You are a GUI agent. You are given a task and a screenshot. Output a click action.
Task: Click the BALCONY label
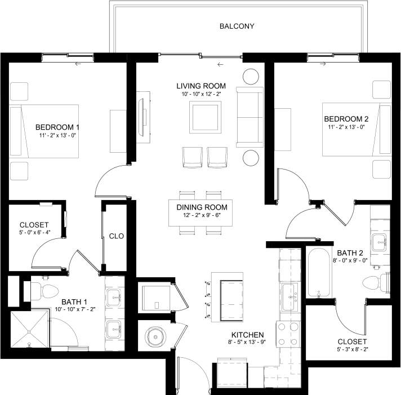237,26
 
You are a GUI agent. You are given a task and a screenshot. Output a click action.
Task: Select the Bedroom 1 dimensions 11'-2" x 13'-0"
57,136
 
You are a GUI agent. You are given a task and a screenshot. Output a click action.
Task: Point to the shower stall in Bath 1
29,330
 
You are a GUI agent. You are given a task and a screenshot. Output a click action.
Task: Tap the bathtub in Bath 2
319,273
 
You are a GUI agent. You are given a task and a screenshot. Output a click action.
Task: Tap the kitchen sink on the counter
290,293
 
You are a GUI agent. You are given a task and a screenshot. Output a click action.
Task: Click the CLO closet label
117,236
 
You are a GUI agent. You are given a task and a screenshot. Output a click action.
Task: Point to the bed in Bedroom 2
356,129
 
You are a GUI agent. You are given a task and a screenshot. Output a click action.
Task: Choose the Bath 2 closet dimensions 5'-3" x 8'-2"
352,350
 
